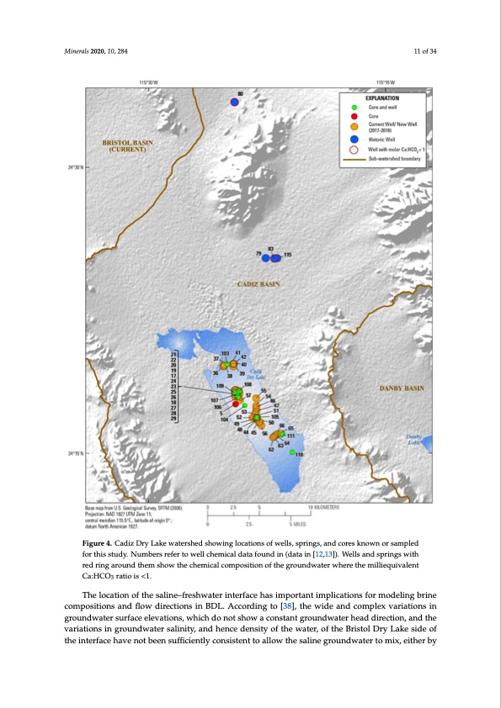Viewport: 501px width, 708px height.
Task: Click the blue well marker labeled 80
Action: (x=235, y=102)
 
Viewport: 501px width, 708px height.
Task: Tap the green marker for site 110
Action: (x=292, y=452)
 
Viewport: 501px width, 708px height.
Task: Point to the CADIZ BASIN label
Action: (x=258, y=284)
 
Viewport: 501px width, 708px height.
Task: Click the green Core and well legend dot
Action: (x=354, y=107)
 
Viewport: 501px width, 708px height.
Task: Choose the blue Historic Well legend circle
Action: (x=354, y=139)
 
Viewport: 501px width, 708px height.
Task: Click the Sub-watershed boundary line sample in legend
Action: (x=354, y=157)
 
